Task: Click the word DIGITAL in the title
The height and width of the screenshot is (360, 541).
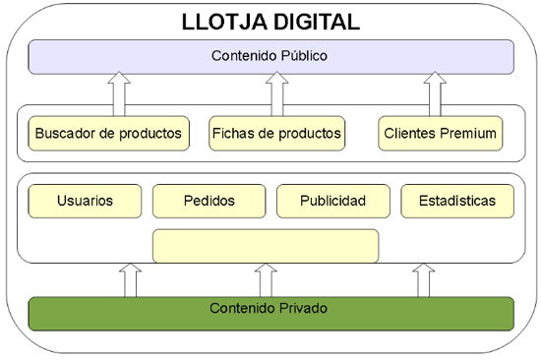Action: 312,20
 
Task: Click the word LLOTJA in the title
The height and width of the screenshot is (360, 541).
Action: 219,20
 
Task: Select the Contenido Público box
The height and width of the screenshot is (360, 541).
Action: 270,56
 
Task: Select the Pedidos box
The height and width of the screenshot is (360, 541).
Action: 208,201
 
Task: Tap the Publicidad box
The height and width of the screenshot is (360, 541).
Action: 332,201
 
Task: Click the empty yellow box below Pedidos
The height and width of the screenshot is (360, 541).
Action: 266,246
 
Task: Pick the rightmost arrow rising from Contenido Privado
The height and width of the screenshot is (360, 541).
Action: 424,279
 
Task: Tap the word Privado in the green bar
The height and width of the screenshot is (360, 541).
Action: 302,309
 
